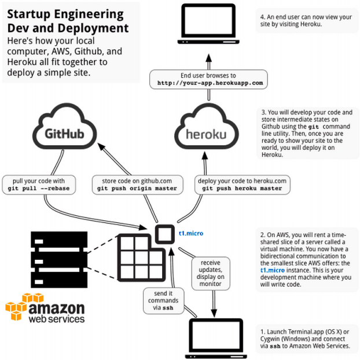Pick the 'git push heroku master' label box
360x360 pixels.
240,185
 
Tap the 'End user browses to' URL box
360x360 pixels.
210,79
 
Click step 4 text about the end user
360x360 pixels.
305,21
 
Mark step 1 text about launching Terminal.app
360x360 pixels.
305,339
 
